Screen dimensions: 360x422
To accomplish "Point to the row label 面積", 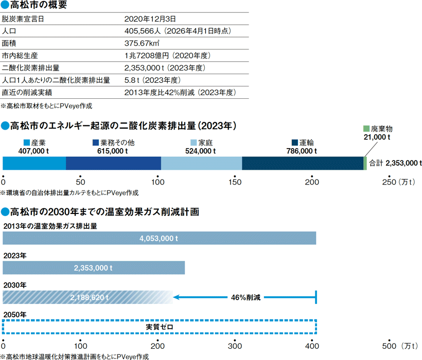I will [9, 44].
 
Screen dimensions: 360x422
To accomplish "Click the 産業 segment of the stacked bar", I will [34, 163].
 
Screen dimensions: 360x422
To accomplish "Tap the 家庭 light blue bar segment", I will [201, 163].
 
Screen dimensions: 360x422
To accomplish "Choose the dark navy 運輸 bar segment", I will [303, 163].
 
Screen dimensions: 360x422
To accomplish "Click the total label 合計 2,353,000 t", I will [395, 163].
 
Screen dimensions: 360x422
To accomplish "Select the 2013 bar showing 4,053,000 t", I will [160, 239].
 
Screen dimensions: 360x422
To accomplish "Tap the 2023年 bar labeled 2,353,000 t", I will [94, 268].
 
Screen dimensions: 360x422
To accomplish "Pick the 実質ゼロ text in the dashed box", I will [160, 327].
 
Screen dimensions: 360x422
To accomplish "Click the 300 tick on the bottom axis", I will [235, 344].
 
